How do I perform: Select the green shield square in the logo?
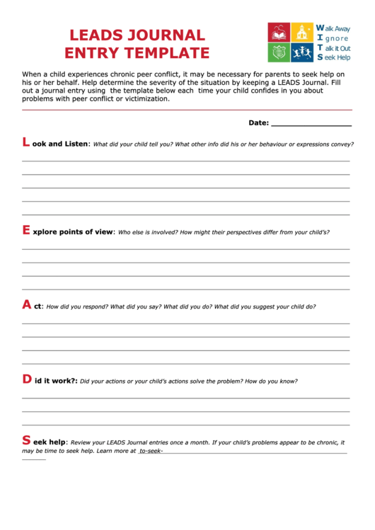coord(278,52)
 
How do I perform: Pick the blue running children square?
coord(303,52)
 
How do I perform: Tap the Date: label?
coord(258,122)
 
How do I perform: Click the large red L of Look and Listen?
coord(26,142)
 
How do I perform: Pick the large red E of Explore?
coord(26,230)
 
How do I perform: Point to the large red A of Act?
coord(27,305)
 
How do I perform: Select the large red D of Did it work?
coord(27,379)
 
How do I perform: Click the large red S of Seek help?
coord(26,440)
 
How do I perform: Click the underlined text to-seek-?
coord(151,451)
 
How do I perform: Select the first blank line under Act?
coord(185,323)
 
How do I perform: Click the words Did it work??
coord(56,381)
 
